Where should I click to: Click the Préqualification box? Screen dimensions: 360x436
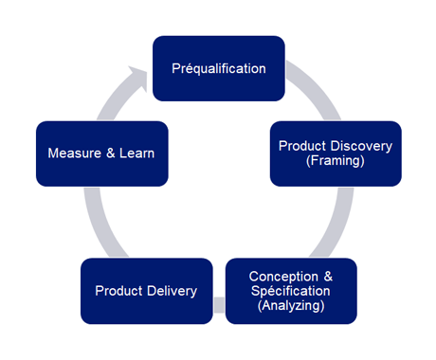coord(218,68)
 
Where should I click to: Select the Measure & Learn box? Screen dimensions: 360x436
coord(101,153)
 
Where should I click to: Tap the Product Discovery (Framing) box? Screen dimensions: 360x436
coord(336,153)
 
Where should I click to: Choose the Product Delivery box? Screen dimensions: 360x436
coord(146,290)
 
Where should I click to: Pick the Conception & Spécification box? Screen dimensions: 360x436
coord(291,290)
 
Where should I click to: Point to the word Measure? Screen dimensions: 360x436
coord(74,153)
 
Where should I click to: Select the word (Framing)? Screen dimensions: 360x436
coord(336,161)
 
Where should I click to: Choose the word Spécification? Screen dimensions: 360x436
coord(291,291)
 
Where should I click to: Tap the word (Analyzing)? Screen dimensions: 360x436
coord(291,306)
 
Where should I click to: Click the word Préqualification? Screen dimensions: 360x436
coord(218,68)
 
